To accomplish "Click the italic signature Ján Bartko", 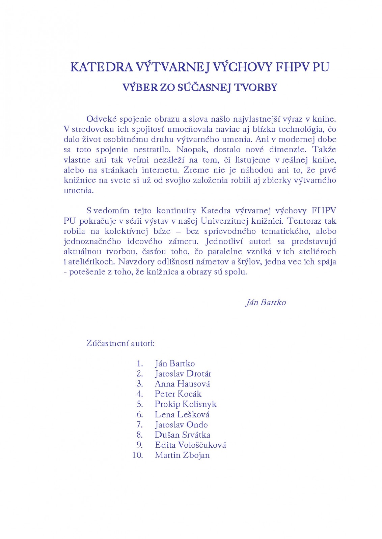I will [266, 303].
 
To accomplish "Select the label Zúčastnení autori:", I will [120, 343].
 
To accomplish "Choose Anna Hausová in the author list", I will [182, 384].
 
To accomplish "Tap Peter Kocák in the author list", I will [178, 394].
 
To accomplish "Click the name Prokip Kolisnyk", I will [185, 404].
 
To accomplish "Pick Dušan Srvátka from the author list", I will [182, 435].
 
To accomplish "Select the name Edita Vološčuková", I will [190, 445].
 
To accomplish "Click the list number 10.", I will [137, 455].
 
